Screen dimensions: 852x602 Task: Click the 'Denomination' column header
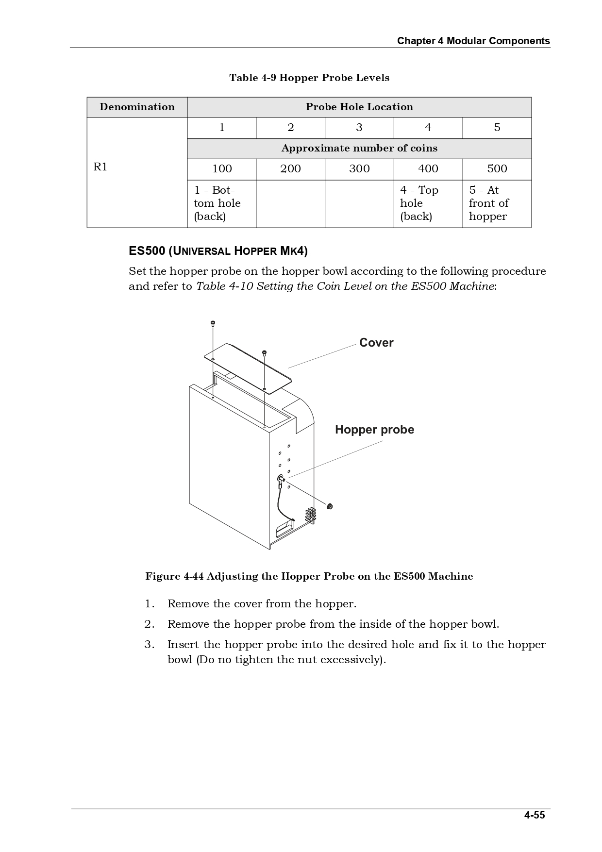[137, 107]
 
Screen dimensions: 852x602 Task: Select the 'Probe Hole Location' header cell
[359, 107]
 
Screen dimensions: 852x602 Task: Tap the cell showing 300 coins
[359, 169]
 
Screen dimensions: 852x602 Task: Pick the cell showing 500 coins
[497, 169]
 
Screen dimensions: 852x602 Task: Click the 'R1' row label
[100, 167]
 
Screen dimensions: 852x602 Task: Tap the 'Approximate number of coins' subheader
[359, 149]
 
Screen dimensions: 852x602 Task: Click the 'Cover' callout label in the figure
[376, 343]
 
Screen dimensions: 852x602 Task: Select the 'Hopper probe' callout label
[374, 430]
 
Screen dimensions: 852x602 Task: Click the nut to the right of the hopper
[330, 507]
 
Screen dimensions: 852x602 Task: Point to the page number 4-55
[534, 815]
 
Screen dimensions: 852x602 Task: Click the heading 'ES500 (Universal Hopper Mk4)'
[218, 251]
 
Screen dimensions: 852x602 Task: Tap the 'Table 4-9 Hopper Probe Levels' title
[309, 78]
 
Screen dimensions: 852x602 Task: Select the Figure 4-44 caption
[309, 576]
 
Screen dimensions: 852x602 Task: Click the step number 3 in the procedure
[149, 645]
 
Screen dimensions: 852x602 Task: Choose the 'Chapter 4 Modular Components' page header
[473, 41]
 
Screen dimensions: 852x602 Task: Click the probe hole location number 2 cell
[290, 128]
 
